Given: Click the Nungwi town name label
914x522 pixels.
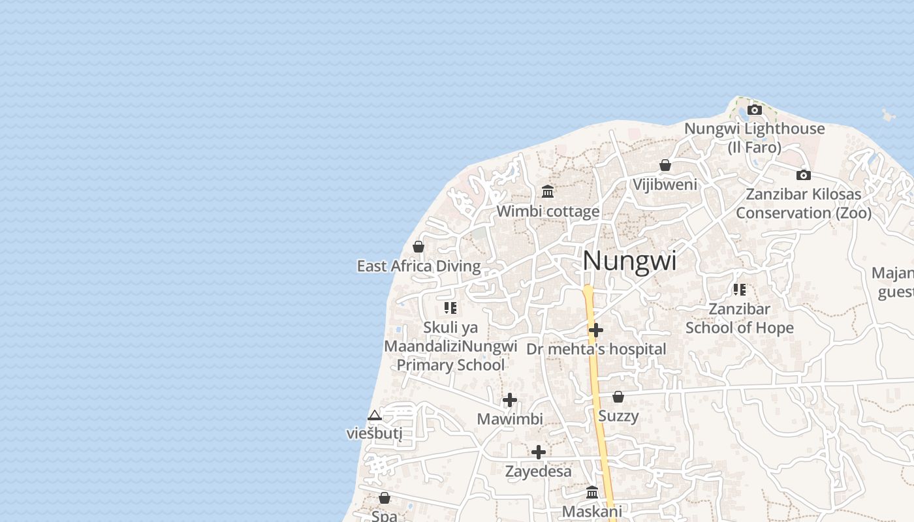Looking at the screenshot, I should tap(629, 261).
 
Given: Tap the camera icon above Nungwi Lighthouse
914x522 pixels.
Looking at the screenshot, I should tap(755, 110).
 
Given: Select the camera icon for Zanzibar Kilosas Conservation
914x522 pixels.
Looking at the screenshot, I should tap(804, 175).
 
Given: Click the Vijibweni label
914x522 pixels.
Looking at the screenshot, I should tap(665, 185).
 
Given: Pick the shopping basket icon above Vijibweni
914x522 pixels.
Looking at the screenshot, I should tap(665, 165).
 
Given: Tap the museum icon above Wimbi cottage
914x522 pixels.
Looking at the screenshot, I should tap(548, 192).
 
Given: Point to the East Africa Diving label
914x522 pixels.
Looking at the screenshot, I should tap(418, 266).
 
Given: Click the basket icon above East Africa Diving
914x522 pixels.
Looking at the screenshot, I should tap(418, 247).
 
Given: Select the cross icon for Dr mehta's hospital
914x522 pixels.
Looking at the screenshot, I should tap(595, 330).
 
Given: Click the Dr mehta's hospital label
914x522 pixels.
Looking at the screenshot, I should tap(596, 349).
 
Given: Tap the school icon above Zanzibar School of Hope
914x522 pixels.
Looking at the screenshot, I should tap(739, 289).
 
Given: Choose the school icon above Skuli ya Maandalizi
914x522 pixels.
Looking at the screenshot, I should tap(450, 307).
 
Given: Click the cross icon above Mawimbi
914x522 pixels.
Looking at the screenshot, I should tap(510, 400).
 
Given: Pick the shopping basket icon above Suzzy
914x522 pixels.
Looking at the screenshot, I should tap(618, 397).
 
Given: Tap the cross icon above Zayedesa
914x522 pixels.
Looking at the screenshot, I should tap(539, 452).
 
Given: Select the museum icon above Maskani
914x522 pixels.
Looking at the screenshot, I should tap(592, 492).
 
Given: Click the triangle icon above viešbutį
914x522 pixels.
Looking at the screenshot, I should tap(374, 415).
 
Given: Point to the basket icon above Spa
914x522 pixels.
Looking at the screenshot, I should tap(385, 498).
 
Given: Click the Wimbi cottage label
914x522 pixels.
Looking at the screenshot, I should tap(548, 211).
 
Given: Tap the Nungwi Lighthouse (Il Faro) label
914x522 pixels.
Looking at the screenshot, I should tap(755, 138).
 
